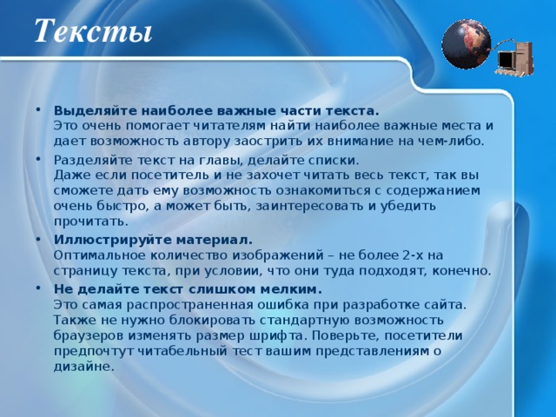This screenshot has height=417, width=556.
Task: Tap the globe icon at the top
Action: (x=467, y=43)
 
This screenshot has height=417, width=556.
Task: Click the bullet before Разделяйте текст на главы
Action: (x=44, y=160)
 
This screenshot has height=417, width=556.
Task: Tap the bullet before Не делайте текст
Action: (x=44, y=288)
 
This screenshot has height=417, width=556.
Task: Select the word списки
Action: (x=333, y=160)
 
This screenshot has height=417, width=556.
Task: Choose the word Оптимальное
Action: (x=95, y=255)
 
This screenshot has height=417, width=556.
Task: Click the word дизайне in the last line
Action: (x=83, y=366)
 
